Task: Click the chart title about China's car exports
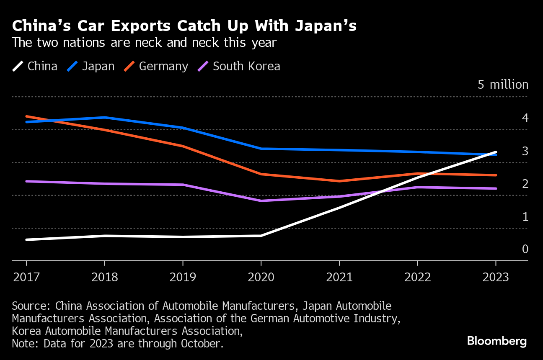pos(184,26)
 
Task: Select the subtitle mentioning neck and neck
pos(144,43)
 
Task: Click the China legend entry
pos(35,66)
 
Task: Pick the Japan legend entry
pos(90,66)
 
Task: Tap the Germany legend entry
pos(156,66)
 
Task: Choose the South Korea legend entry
pos(239,66)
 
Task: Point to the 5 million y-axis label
pos(503,85)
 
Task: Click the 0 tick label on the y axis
pos(525,249)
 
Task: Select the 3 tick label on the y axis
pos(525,151)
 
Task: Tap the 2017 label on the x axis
pos(26,277)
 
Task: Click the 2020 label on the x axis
pos(261,277)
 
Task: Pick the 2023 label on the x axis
pos(496,277)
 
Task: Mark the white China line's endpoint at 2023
pos(496,152)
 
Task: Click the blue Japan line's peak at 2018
pos(105,118)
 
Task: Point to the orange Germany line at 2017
pos(26,116)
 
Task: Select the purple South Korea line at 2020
pos(261,201)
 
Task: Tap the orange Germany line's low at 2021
pos(339,181)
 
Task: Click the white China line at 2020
pos(261,236)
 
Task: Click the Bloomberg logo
pos(497,341)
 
